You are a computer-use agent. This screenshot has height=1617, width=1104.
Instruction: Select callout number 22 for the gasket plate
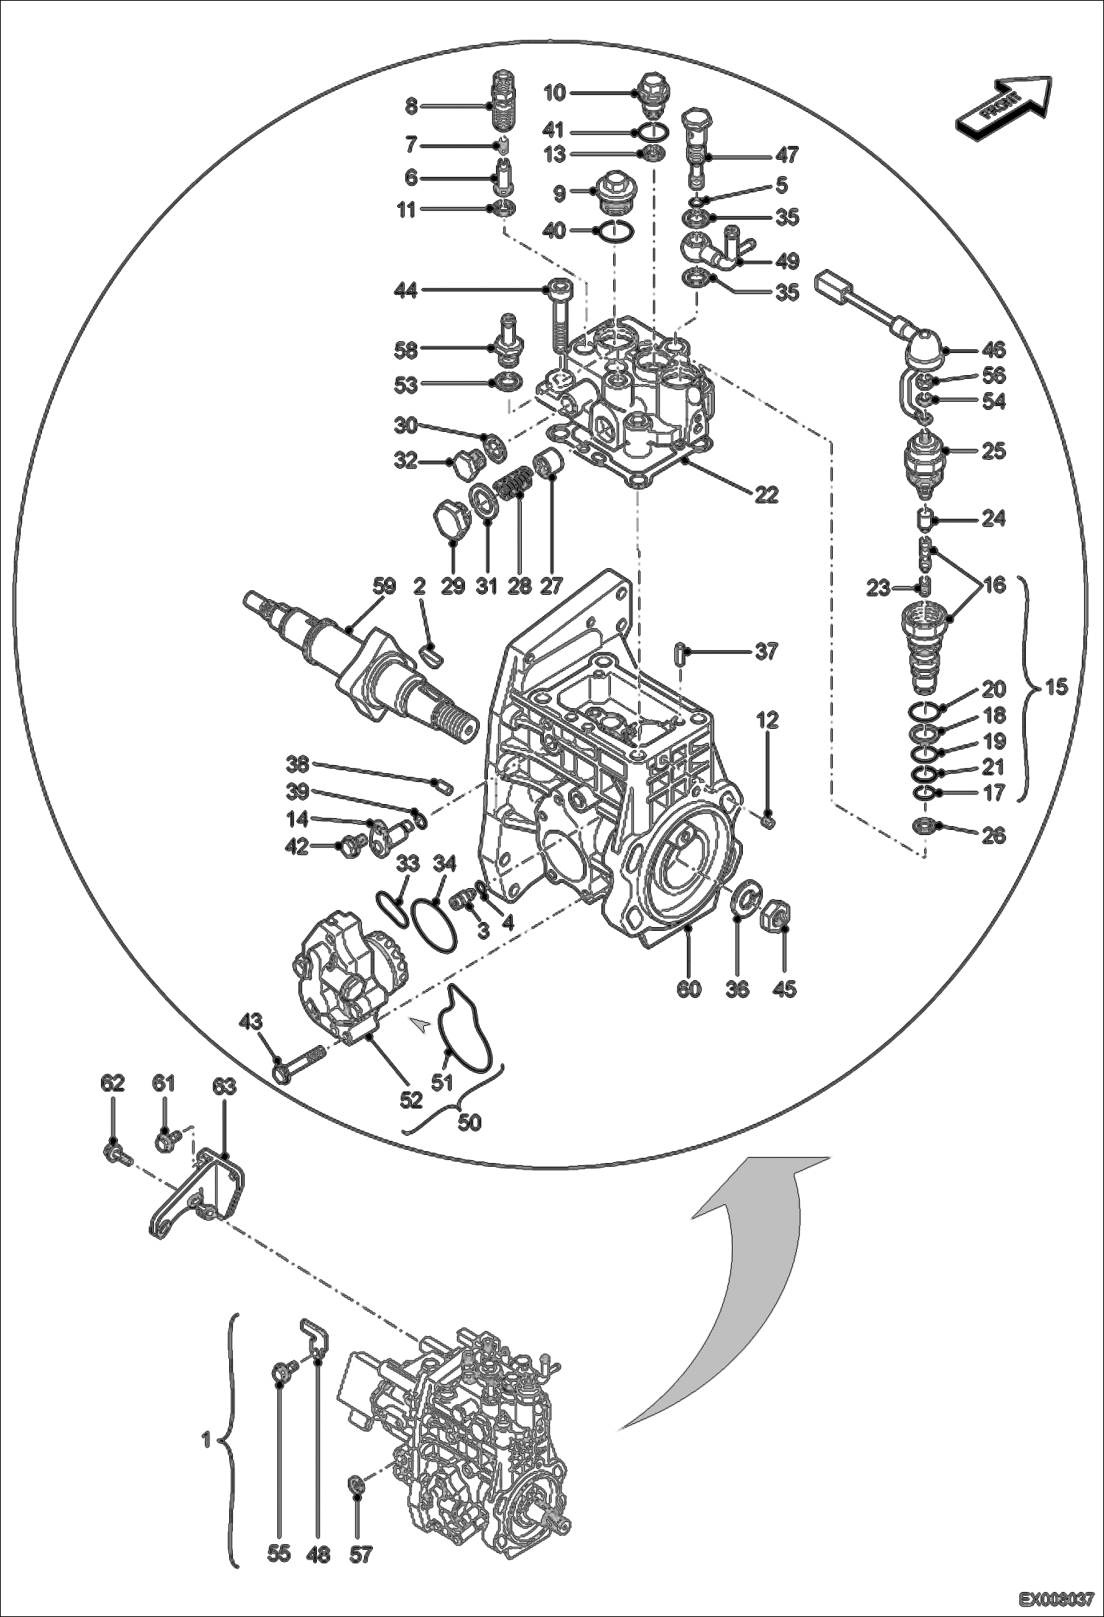tap(766, 495)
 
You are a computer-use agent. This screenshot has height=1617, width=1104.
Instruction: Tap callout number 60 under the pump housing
tap(689, 988)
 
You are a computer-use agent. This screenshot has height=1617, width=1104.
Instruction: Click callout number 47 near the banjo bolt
tap(786, 155)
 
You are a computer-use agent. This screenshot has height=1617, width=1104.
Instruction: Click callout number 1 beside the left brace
tap(207, 1439)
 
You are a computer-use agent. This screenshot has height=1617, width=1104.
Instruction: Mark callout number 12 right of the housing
tap(767, 720)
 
